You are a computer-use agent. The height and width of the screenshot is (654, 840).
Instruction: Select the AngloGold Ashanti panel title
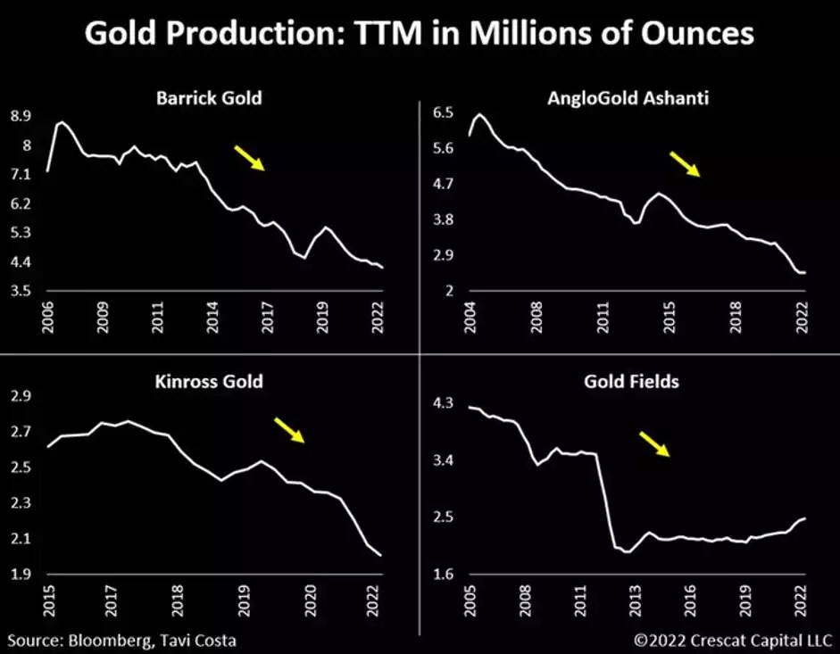(x=628, y=97)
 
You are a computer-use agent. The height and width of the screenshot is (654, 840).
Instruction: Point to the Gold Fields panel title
(x=631, y=381)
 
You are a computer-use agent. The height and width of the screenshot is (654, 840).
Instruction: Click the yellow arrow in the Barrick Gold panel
(x=249, y=158)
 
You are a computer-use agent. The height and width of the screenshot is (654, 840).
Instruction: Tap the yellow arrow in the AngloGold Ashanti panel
(x=686, y=163)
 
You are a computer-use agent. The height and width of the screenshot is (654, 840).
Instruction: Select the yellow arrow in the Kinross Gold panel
(x=288, y=430)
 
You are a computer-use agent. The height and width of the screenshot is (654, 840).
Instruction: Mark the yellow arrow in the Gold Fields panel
(x=655, y=443)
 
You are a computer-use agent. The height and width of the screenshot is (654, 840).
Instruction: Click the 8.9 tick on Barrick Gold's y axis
(x=21, y=116)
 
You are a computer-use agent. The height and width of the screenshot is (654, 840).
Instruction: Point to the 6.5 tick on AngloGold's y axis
(x=444, y=112)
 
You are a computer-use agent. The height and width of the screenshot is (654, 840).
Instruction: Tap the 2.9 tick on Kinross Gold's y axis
(x=21, y=396)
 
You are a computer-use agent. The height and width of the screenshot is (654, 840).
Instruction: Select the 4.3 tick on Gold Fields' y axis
(x=444, y=403)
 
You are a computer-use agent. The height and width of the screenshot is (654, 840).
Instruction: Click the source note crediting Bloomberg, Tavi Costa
(x=123, y=640)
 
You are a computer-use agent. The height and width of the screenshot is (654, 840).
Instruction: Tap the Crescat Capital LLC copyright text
(x=732, y=640)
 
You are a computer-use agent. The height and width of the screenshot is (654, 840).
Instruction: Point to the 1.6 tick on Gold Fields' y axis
(x=444, y=574)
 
